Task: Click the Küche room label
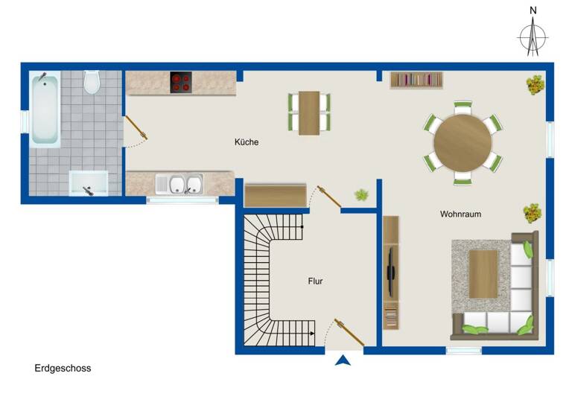coord(247,141)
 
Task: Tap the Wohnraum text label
coord(460,214)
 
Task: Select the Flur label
coord(316,281)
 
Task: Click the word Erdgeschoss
coord(63,368)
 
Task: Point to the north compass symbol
coord(533,33)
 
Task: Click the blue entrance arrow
coord(343,360)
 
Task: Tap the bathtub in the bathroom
coord(45,108)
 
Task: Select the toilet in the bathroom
coord(92,82)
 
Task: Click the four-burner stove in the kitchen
coord(181,81)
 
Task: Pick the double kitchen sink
coord(179,183)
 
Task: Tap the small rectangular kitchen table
coord(309,112)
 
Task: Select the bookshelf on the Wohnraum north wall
coord(416,79)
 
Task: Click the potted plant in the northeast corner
coord(534,85)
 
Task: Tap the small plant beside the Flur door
coord(362,195)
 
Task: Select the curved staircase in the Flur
coord(272,283)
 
